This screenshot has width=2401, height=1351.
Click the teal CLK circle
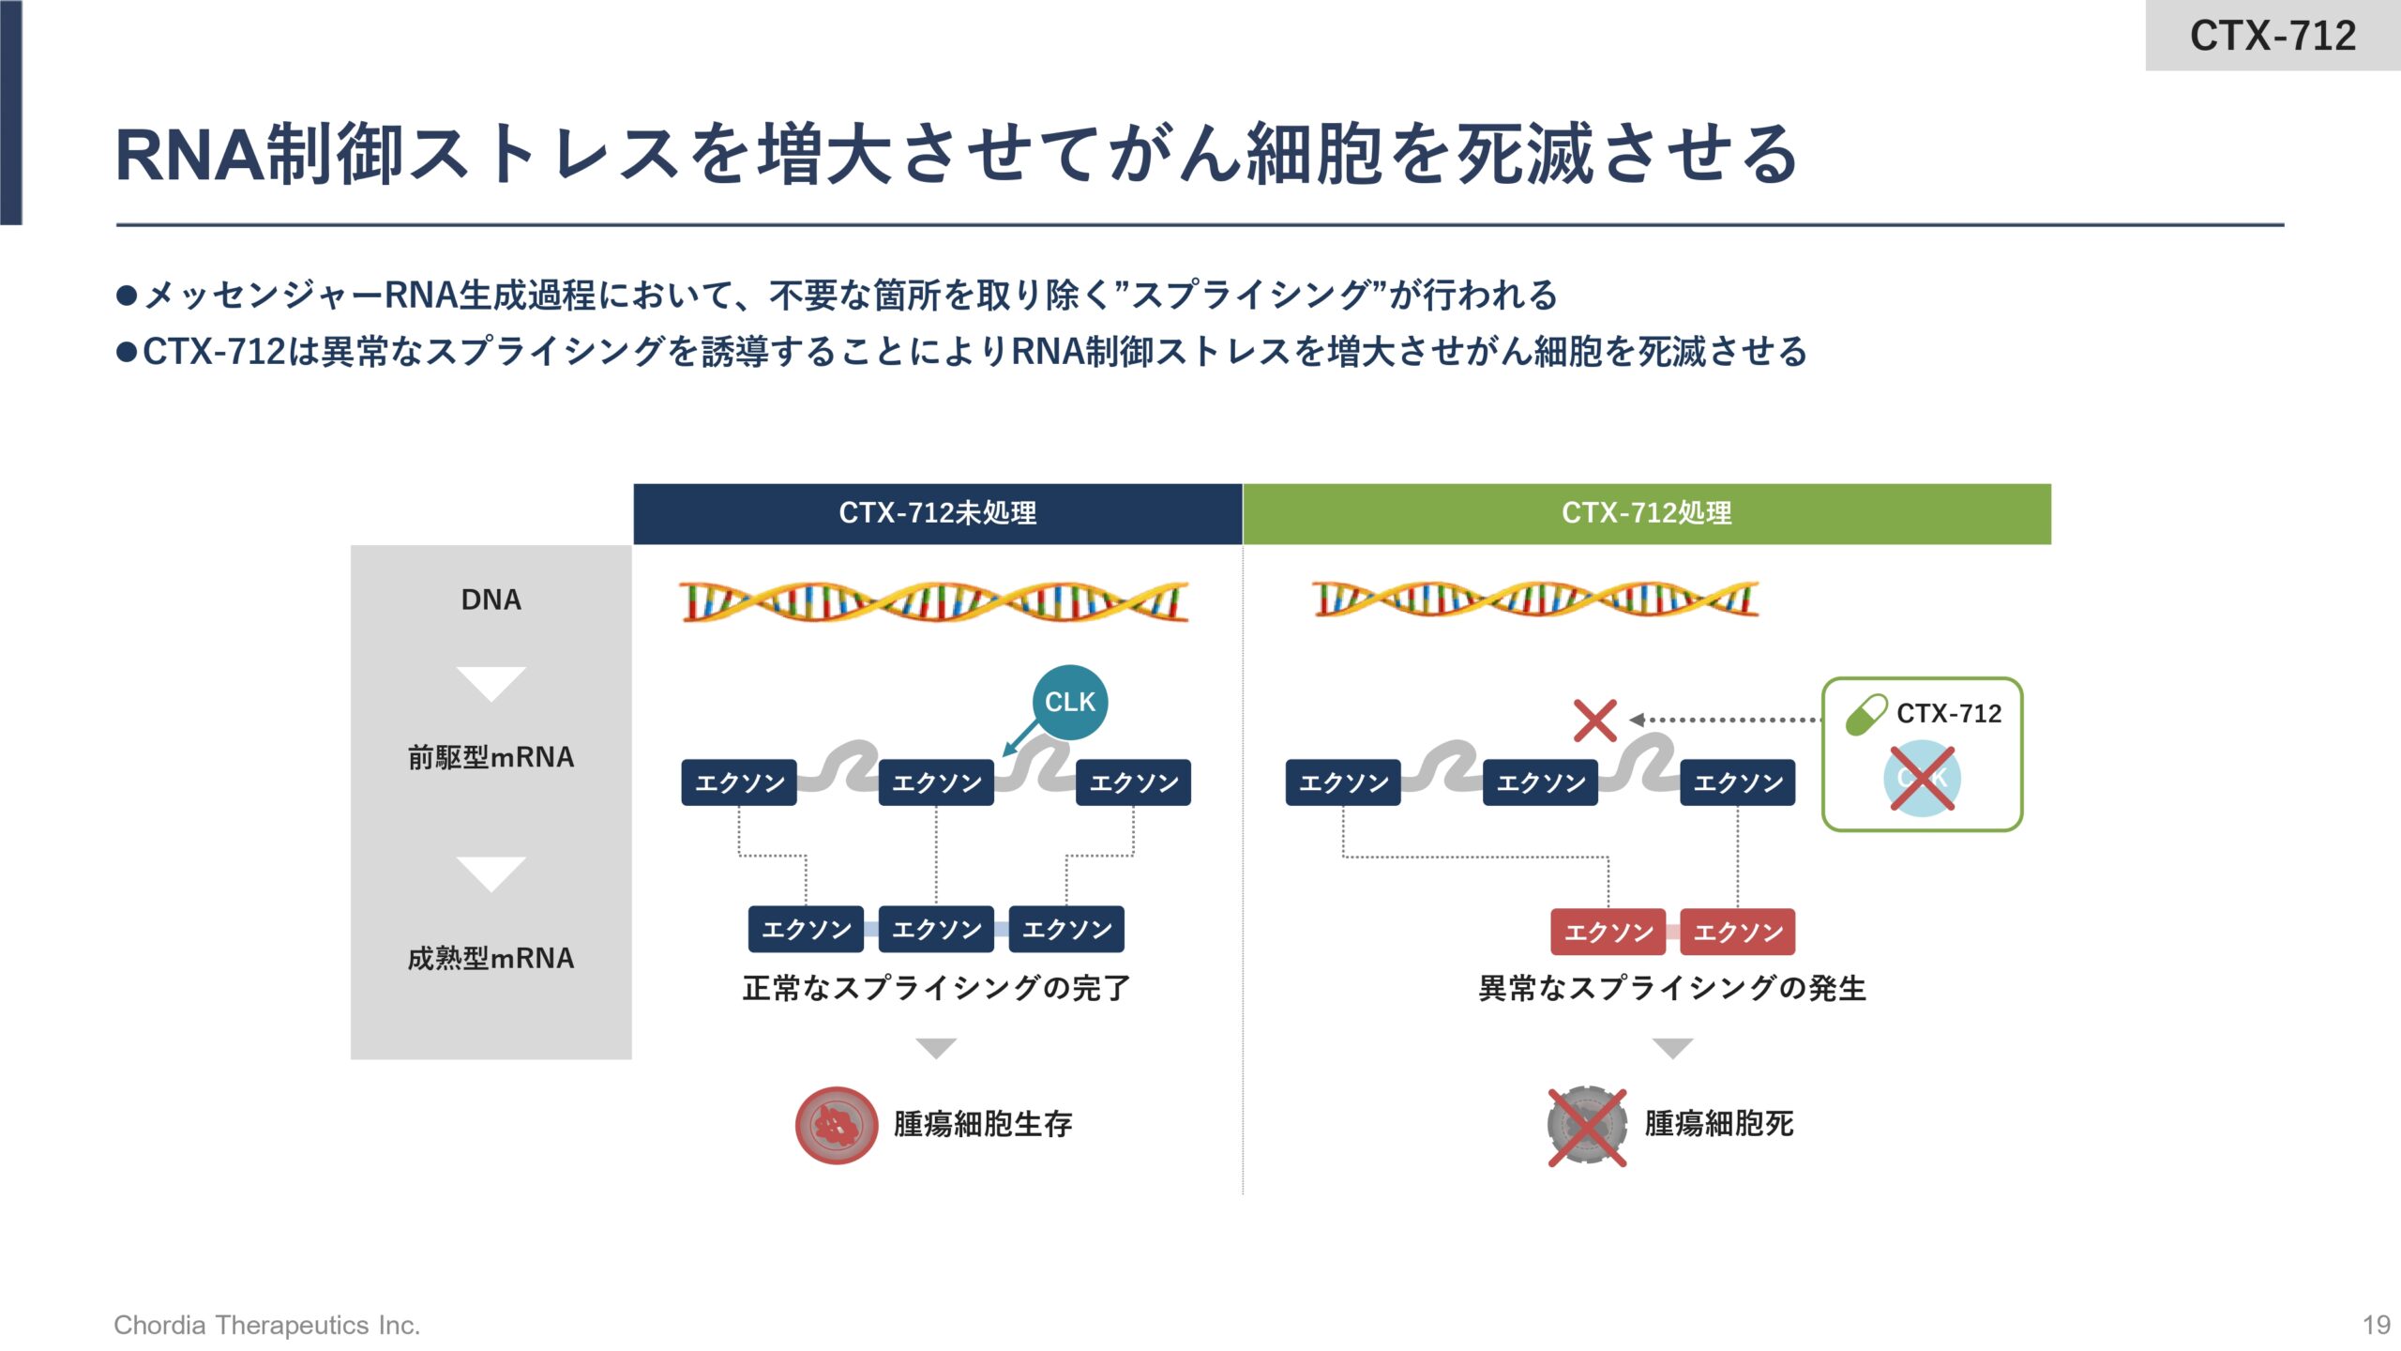[x=1069, y=702]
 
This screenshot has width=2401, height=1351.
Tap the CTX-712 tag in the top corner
[x=2272, y=36]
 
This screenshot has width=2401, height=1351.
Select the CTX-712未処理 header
[x=937, y=513]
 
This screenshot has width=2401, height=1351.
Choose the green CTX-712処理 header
[x=1646, y=513]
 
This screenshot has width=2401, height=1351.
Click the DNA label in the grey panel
[x=491, y=600]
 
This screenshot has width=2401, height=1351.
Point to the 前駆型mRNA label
[x=491, y=757]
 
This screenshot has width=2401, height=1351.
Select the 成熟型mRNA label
[x=491, y=958]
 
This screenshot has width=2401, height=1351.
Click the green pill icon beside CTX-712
[x=1865, y=714]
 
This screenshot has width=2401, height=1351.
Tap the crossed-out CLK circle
[x=1922, y=778]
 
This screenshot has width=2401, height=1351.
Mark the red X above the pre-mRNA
[x=1594, y=721]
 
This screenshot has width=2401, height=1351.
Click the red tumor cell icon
[x=836, y=1125]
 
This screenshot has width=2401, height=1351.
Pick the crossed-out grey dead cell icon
[x=1586, y=1125]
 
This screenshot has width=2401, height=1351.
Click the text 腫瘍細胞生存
[x=982, y=1124]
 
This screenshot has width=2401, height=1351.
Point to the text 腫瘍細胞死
[x=1718, y=1124]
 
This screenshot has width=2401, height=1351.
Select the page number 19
[x=2376, y=1325]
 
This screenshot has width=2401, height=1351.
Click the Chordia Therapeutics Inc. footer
[x=266, y=1325]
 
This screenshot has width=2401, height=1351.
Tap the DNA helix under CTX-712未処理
[x=935, y=602]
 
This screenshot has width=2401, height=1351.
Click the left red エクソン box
[x=1608, y=932]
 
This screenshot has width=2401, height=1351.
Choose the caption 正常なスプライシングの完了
[x=936, y=988]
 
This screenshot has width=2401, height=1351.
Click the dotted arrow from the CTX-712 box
[x=1726, y=720]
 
